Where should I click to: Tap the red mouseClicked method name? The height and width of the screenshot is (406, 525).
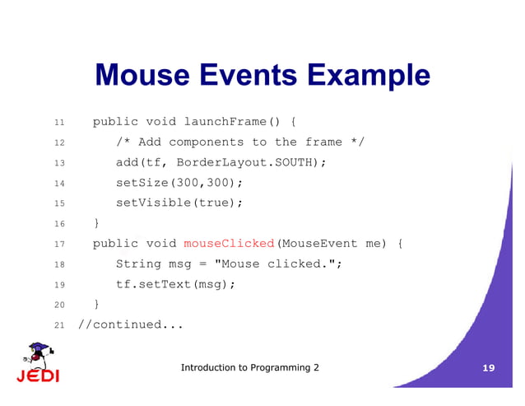tap(229, 244)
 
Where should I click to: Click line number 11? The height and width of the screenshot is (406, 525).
tap(59, 124)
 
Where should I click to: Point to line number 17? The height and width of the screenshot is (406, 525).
tap(59, 245)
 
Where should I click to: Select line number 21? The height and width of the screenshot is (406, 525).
tap(59, 325)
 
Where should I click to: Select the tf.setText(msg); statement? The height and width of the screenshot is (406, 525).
tap(175, 284)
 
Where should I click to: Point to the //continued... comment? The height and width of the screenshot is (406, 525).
tap(131, 324)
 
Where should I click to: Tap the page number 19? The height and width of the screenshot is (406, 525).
tap(488, 368)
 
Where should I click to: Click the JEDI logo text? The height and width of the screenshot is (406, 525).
tap(37, 376)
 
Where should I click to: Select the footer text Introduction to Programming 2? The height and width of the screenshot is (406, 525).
tap(249, 367)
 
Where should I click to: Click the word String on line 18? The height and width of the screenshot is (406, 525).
tap(138, 264)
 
